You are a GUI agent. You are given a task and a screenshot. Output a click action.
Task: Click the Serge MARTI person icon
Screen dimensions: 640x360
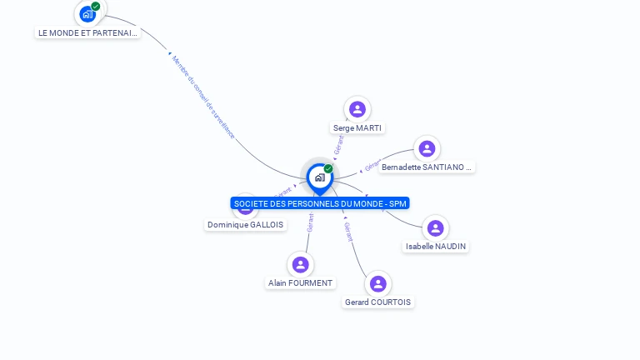[357, 109]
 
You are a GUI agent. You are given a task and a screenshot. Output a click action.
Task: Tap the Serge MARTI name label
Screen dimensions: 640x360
[357, 128]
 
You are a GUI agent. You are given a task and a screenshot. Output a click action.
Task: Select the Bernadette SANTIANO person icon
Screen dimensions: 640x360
[427, 148]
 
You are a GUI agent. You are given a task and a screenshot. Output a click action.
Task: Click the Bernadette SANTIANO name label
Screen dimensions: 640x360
[427, 167]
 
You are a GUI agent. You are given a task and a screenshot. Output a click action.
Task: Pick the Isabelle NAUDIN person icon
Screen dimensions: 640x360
[435, 227]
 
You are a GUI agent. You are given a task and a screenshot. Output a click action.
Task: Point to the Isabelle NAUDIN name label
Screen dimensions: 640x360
[436, 247]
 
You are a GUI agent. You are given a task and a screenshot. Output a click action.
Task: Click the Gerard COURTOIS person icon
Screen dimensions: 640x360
[377, 283]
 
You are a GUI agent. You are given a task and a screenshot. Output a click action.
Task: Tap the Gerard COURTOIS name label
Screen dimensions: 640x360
[377, 302]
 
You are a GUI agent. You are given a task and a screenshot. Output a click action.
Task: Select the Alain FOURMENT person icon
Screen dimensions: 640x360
[300, 264]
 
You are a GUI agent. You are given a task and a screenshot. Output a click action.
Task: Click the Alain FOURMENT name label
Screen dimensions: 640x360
[300, 283]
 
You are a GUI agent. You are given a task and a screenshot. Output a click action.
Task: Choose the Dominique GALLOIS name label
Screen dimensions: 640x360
[245, 225]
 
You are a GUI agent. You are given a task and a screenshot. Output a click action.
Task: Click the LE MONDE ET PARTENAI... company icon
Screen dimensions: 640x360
[87, 14]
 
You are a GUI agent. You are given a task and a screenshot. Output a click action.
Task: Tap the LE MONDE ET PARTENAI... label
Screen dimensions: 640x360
[87, 33]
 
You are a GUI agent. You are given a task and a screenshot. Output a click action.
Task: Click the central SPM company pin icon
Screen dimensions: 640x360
[319, 177]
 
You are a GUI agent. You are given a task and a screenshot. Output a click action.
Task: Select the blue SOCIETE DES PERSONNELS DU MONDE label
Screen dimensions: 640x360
[320, 203]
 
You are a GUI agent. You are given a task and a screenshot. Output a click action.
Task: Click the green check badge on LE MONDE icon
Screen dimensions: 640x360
[96, 7]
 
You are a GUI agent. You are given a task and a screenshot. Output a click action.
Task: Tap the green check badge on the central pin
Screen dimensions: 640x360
[328, 169]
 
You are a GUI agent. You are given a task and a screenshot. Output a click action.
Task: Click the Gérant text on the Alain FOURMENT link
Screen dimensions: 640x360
[310, 222]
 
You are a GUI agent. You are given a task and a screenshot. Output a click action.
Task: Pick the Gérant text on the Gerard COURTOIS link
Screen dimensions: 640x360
[347, 231]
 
